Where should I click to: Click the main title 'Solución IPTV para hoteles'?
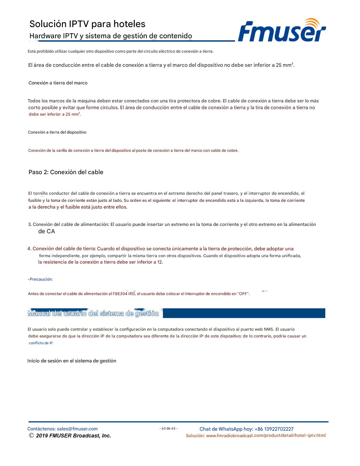[87, 24]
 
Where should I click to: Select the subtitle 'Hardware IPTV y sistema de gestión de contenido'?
[111, 36]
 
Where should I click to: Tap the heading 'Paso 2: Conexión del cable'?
[66, 172]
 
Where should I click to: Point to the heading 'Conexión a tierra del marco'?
[58, 83]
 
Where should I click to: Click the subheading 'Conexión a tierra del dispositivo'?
[57, 132]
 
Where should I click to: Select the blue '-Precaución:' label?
[40, 279]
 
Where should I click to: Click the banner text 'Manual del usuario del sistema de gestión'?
[93, 314]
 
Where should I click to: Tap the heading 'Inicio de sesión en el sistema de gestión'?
[72, 361]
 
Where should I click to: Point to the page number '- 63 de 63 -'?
[169, 428]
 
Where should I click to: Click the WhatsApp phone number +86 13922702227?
[274, 429]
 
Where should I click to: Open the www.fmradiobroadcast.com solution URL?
[266, 436]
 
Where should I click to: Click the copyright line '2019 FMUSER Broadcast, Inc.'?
[73, 436]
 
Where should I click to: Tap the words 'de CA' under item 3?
[46, 232]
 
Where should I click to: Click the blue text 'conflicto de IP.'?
[41, 343]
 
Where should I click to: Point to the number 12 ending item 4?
[160, 262]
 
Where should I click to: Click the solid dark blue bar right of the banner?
[244, 313]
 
